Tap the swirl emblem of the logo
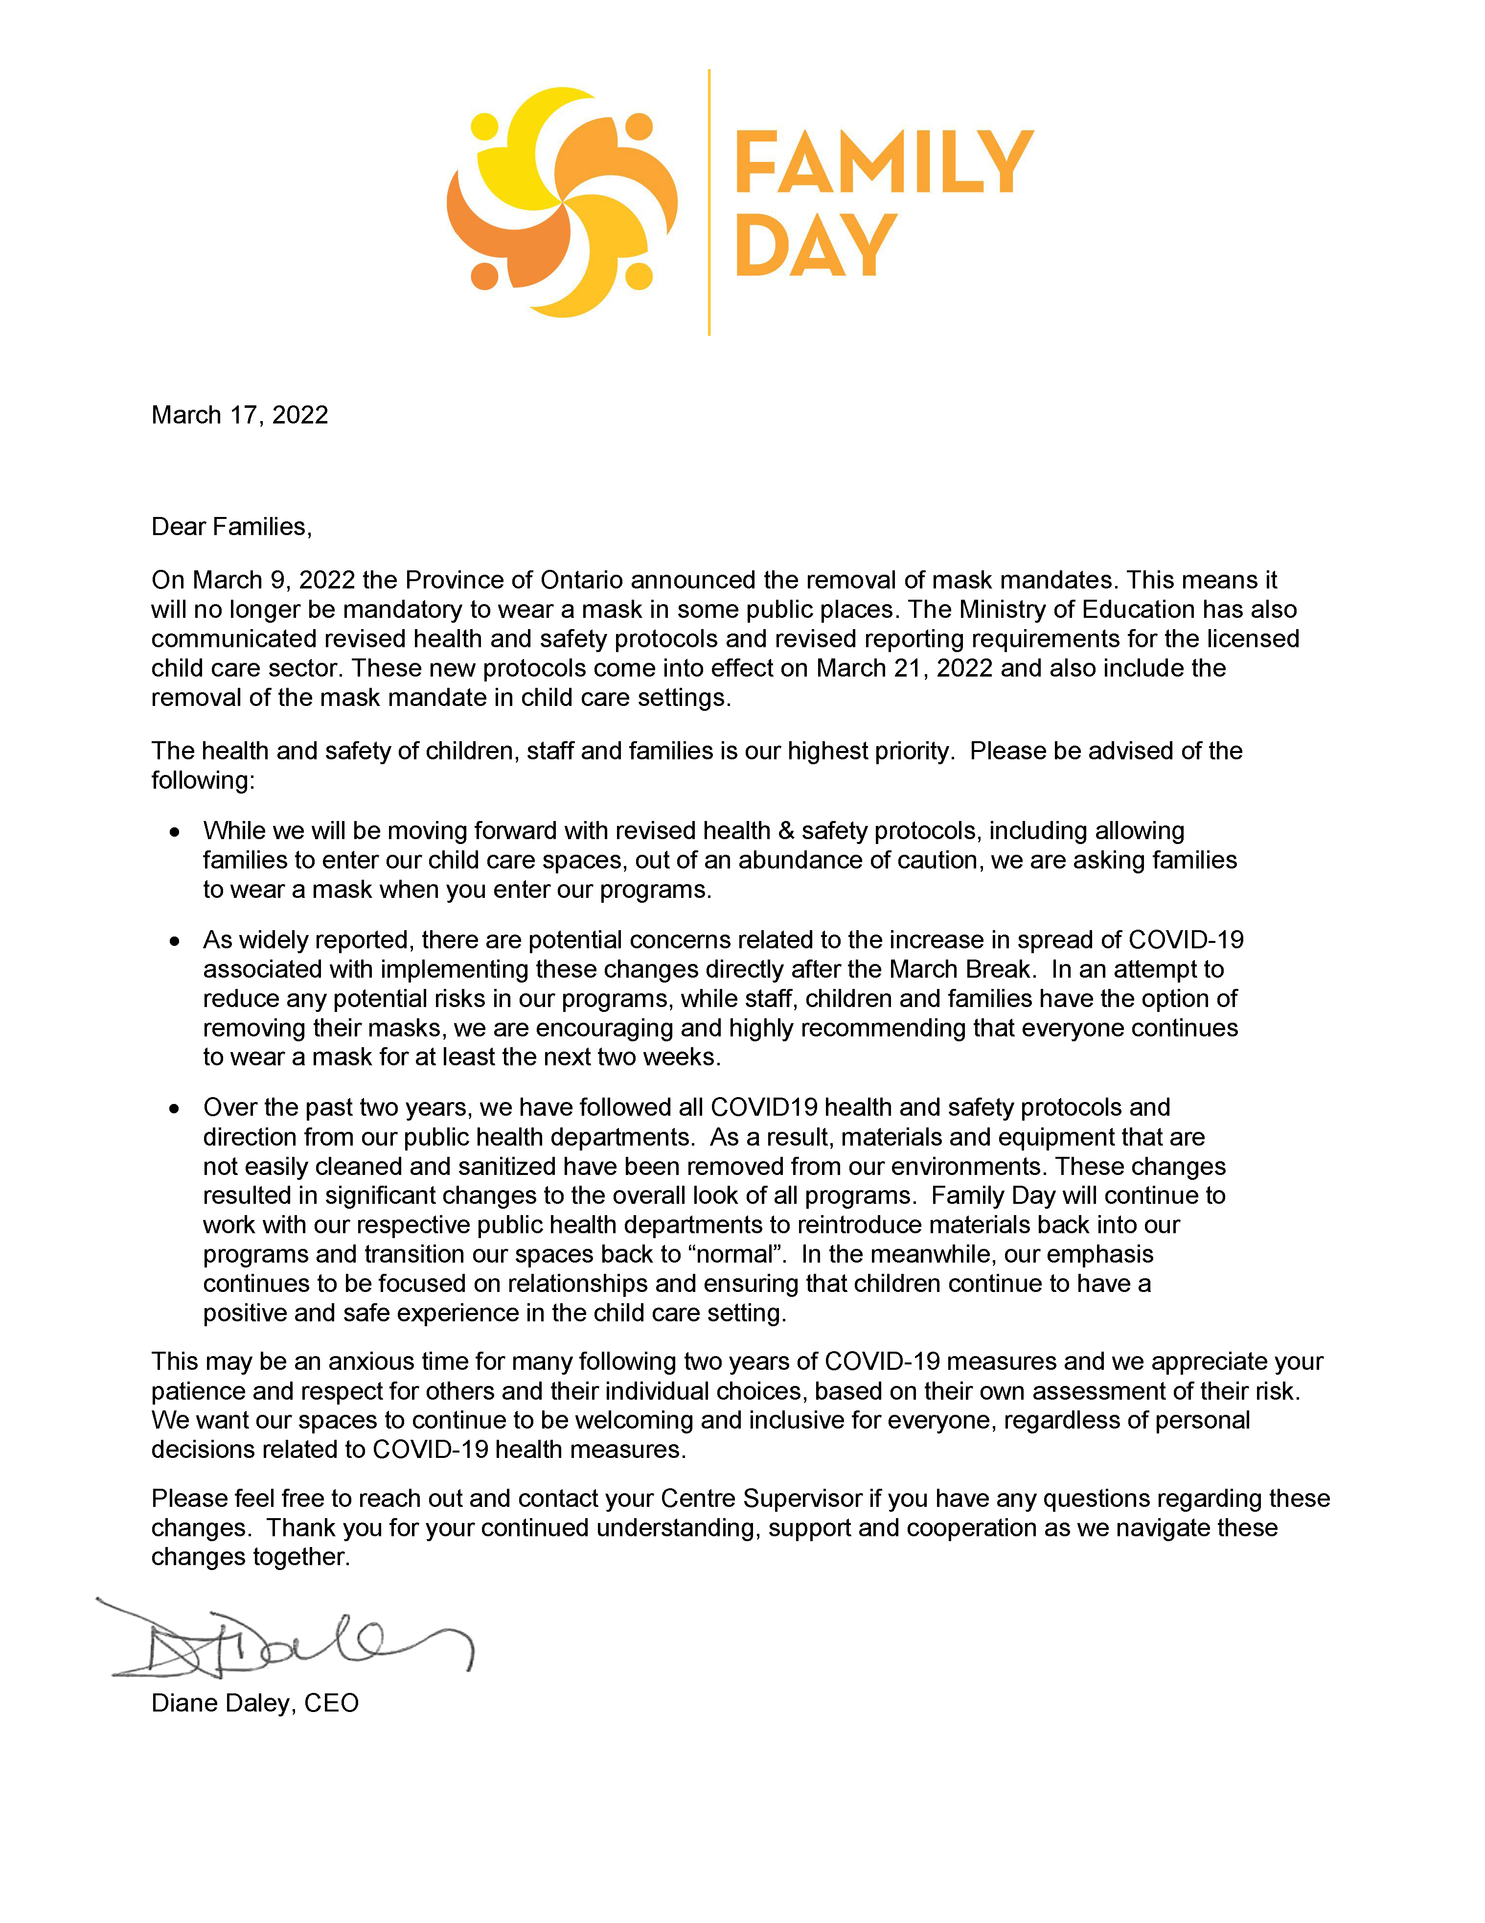click(x=562, y=203)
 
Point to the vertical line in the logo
click(x=708, y=203)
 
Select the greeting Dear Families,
click(x=231, y=527)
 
